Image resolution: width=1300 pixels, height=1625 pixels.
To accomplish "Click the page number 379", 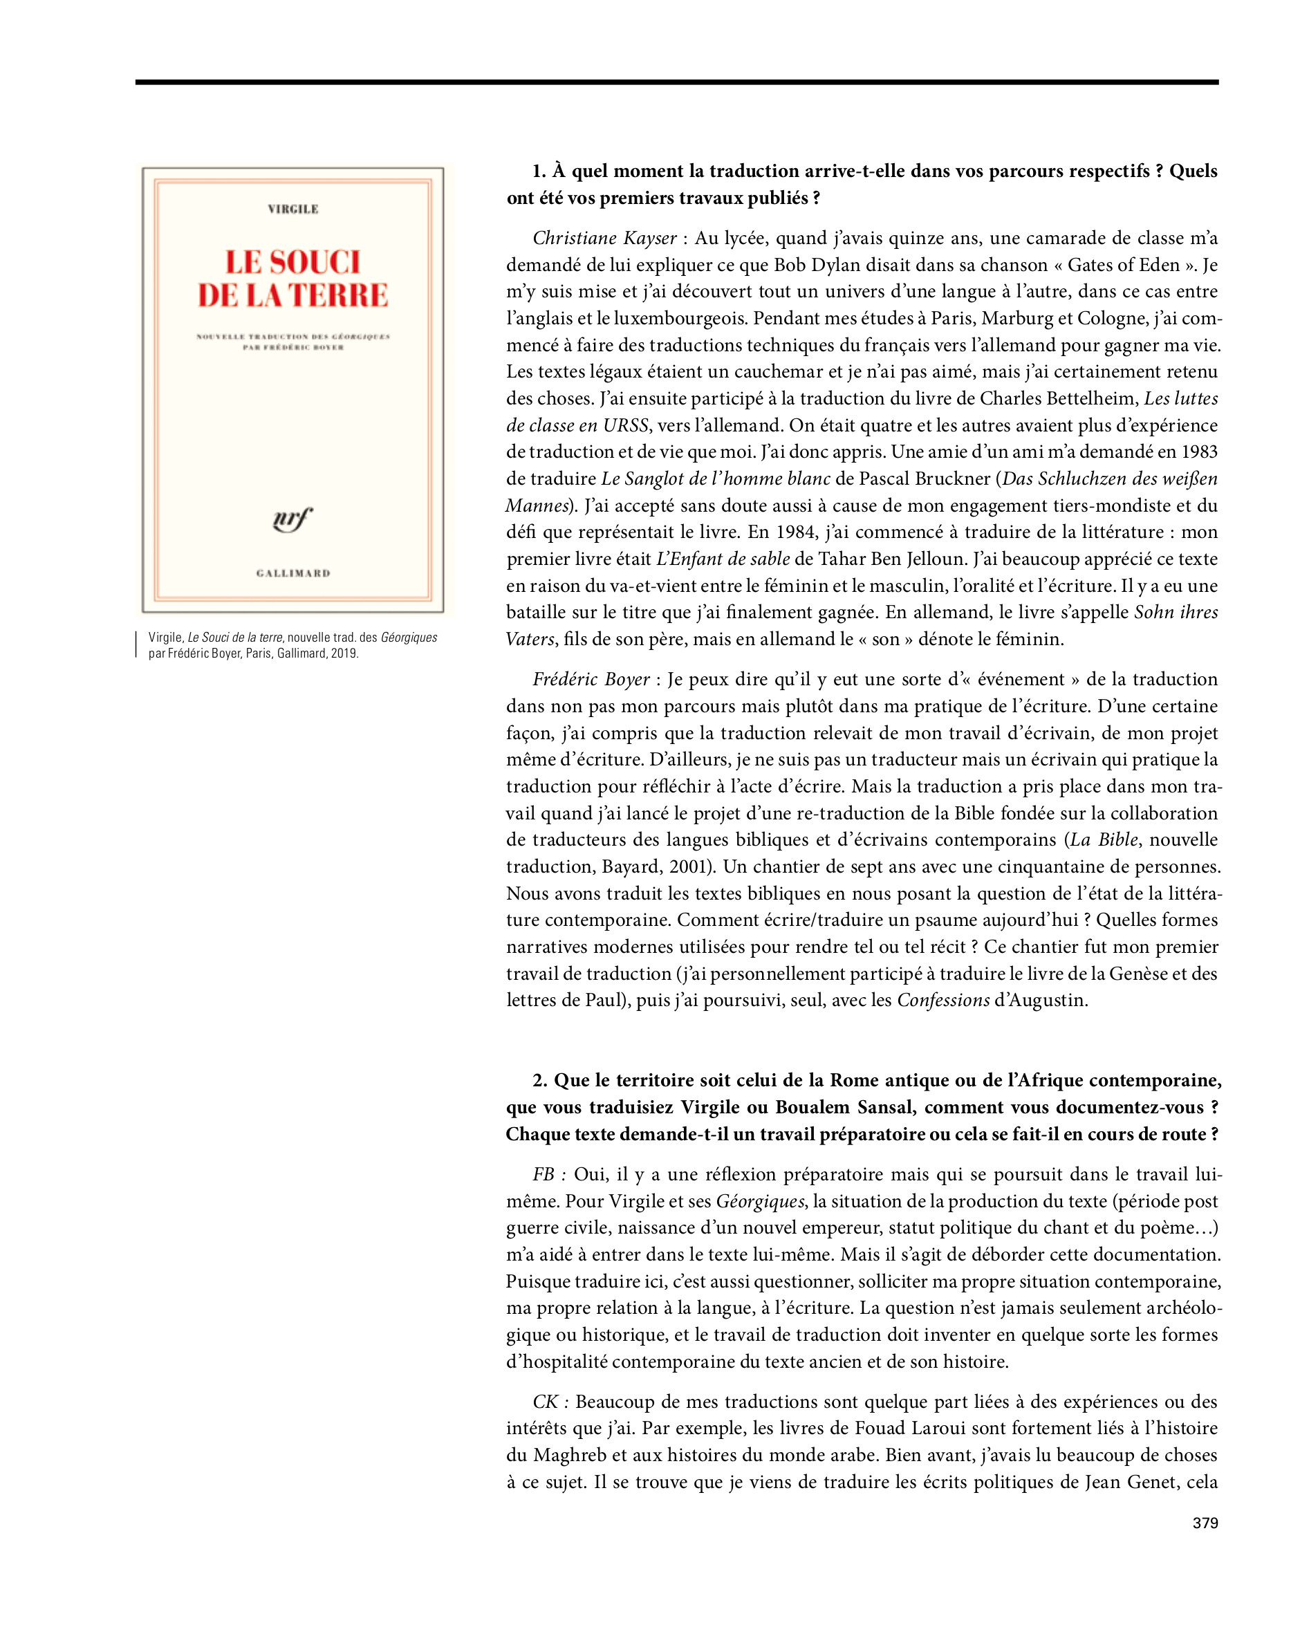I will coord(1205,1523).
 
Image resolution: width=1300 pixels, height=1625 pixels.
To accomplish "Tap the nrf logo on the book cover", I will coord(292,519).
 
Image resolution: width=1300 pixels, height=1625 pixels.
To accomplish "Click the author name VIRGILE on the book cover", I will coord(293,209).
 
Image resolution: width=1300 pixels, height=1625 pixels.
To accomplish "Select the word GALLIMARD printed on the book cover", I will coord(293,573).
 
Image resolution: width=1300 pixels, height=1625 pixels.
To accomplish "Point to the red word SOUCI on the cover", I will coord(315,262).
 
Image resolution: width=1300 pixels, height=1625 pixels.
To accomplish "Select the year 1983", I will coord(1198,452).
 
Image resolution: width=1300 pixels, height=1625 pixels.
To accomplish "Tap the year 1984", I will coord(797,532).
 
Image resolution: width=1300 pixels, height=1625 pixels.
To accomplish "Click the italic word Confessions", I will coord(943,1001).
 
